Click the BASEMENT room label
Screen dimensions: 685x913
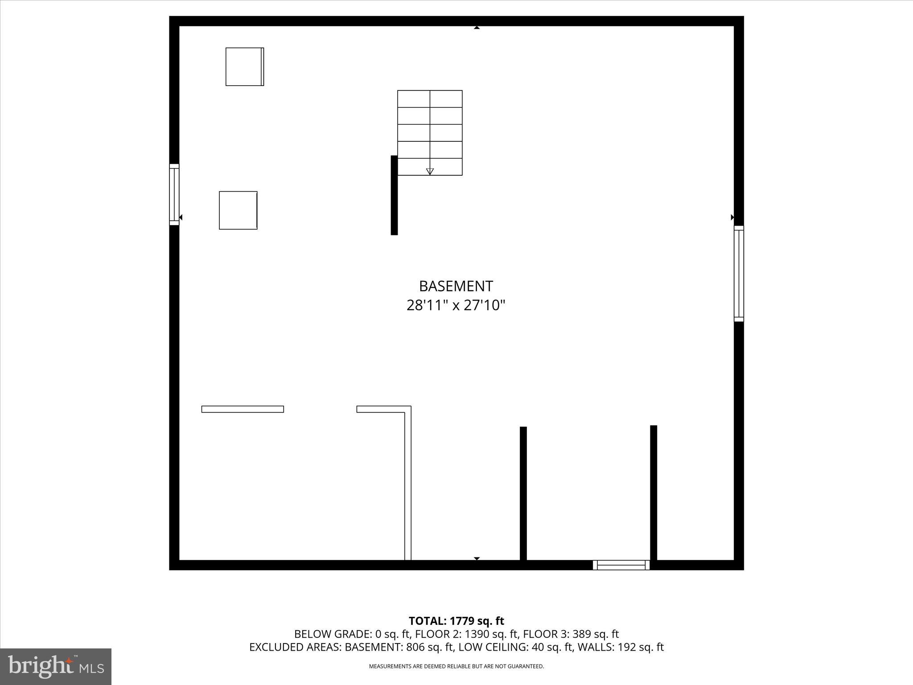456,286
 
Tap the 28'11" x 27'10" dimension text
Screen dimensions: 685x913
456,305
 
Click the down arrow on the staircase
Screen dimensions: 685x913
430,171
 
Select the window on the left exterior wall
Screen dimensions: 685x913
174,194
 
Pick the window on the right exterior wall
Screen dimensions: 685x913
739,273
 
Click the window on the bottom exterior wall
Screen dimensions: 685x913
621,565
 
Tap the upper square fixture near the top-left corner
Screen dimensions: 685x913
244,66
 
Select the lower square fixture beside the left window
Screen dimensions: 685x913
238,210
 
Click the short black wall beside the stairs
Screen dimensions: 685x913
394,195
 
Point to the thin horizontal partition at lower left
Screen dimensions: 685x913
243,409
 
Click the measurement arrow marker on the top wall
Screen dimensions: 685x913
477,28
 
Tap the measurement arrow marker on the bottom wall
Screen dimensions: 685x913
477,558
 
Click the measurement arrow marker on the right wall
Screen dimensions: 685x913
732,217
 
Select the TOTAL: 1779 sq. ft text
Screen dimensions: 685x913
456,621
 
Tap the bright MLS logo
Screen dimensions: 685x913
56,666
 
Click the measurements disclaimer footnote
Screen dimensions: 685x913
456,666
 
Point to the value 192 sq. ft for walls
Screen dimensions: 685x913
641,647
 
